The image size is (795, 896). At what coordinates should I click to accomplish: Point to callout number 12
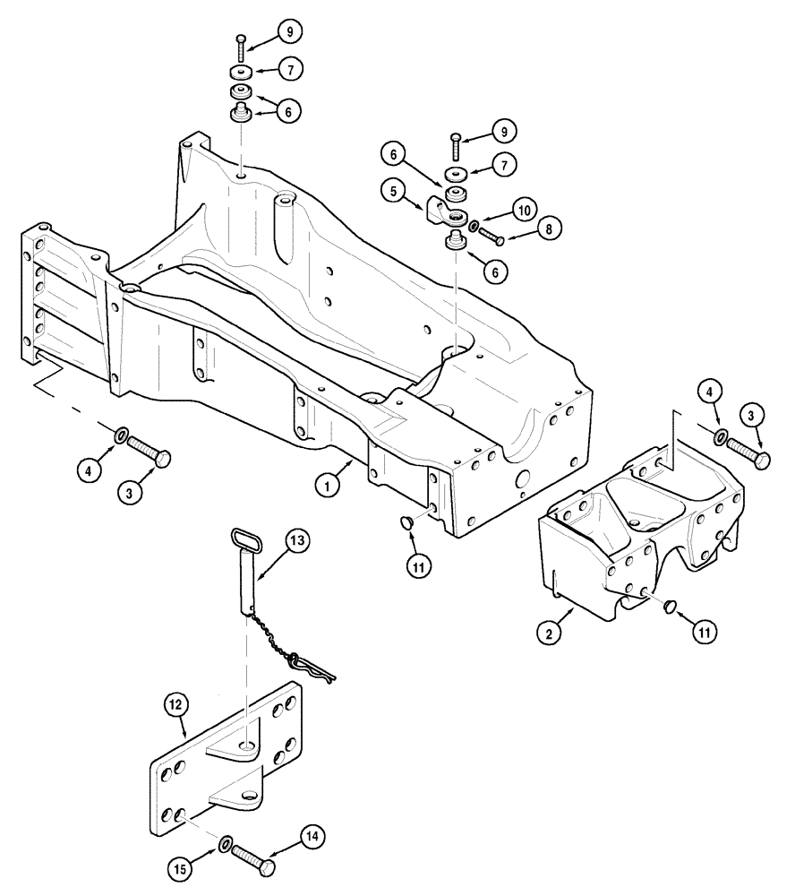coord(176,706)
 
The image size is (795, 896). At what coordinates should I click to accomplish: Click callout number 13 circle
coord(298,541)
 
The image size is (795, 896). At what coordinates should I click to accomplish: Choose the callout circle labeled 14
coord(312,838)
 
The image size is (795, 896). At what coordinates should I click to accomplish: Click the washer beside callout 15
coord(227,843)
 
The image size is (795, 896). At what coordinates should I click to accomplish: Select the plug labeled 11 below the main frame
coord(404,522)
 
